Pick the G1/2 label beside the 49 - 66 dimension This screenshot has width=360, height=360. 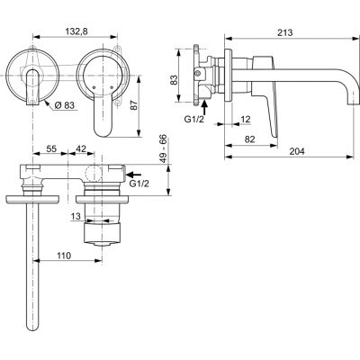[139, 184]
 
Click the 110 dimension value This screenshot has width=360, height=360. [63, 257]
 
